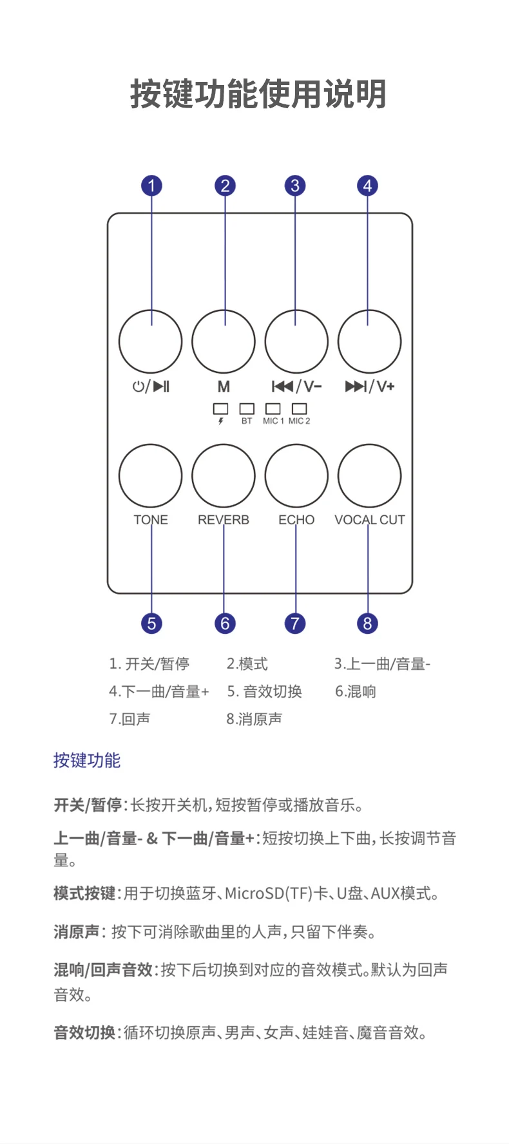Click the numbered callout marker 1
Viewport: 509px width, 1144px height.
tap(151, 186)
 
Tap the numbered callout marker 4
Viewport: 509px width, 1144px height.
tap(367, 186)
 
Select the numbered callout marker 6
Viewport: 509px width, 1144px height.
tap(224, 623)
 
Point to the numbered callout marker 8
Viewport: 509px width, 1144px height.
tap(367, 623)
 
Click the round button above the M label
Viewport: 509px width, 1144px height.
tap(224, 341)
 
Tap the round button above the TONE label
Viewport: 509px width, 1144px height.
tap(151, 475)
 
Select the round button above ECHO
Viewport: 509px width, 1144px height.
tap(296, 475)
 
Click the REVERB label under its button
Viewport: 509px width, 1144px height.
tap(223, 520)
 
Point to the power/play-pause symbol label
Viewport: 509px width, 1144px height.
tap(151, 386)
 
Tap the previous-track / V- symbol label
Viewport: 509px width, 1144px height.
tap(296, 386)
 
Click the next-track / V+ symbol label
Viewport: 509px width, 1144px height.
tap(370, 386)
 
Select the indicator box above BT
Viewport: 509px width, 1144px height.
tap(247, 408)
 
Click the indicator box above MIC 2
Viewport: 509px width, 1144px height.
tap(299, 408)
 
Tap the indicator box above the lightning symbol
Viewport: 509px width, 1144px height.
tap(221, 408)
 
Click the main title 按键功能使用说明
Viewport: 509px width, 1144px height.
tap(258, 94)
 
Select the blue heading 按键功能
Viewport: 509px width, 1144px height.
tap(86, 761)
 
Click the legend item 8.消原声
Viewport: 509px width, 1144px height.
tap(254, 719)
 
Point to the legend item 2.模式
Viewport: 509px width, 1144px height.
tap(247, 664)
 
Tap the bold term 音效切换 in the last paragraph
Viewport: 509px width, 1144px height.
tap(84, 1033)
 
